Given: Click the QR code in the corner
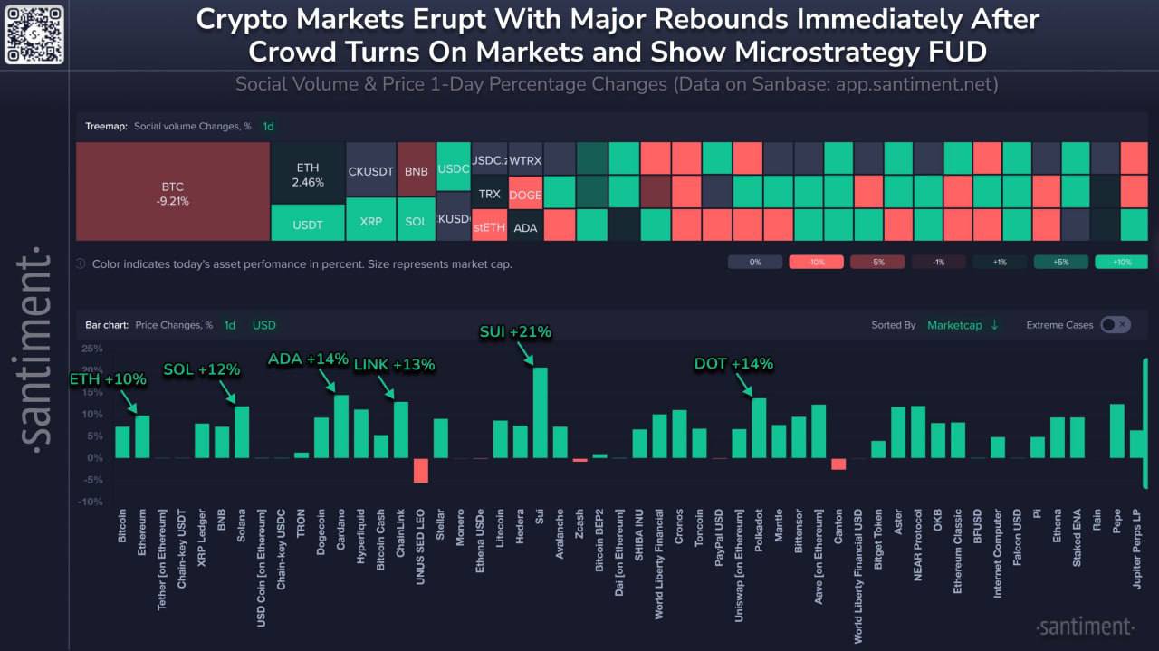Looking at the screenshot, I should click(34, 34).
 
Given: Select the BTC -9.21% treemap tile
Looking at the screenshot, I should click(172, 194).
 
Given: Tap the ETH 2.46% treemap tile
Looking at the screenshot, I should click(308, 175).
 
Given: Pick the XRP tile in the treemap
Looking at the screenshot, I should click(370, 221).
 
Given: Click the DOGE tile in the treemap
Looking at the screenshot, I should click(524, 195).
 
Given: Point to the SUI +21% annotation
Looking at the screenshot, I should click(514, 332).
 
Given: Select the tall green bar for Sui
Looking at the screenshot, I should click(540, 412).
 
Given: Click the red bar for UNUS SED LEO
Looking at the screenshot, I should click(420, 470).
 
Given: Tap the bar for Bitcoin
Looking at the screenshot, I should click(122, 442).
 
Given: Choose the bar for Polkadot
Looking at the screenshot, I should click(759, 428).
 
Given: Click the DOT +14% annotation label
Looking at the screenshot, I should click(733, 364).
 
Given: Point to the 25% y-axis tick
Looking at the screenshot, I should click(91, 349).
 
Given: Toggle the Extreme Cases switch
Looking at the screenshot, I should click(1115, 325).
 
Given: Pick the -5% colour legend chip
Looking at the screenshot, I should click(876, 263).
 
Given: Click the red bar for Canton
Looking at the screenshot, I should click(838, 464).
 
